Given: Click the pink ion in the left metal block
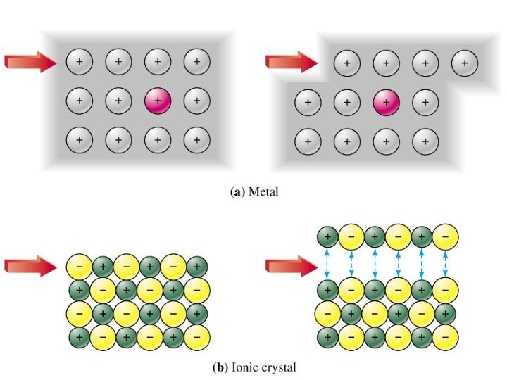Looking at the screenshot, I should click(157, 101).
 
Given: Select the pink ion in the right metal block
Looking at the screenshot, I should click(386, 101).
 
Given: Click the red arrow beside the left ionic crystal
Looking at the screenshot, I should click(30, 266).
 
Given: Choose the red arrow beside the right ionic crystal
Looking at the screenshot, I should click(290, 266).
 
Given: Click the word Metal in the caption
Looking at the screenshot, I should click(265, 191).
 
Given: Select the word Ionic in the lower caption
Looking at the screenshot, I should click(245, 367).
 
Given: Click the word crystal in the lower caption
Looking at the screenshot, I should click(280, 367).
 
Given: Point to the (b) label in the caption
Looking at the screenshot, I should click(220, 367).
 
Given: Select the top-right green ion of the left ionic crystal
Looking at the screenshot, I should click(198, 267).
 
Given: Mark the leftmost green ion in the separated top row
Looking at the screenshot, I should click(327, 236).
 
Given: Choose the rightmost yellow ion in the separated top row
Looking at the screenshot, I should click(445, 236).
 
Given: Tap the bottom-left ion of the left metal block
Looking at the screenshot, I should click(79, 139).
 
